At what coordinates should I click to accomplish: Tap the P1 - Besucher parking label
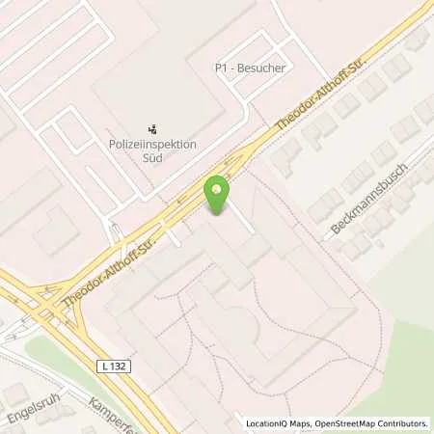pos(250,68)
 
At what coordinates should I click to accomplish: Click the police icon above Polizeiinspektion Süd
pos(151,127)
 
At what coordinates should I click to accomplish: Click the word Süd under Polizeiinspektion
pos(152,156)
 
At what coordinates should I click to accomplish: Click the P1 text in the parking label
pos(221,68)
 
